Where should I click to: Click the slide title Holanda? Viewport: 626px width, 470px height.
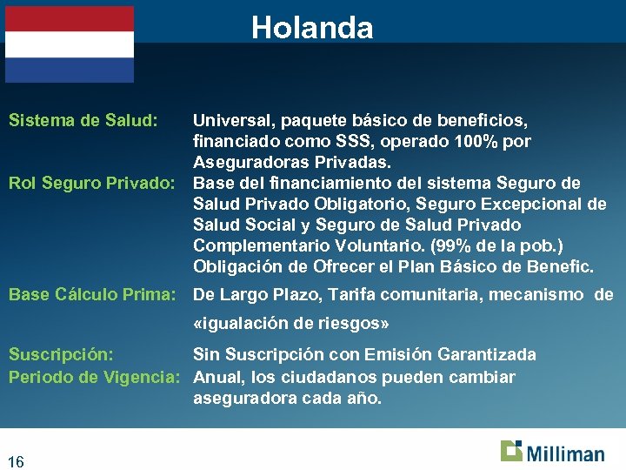(x=312, y=28)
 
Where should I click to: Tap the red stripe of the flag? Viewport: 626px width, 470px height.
(x=70, y=19)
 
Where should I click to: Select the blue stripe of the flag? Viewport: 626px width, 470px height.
(x=70, y=70)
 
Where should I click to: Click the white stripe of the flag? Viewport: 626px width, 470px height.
(x=70, y=44)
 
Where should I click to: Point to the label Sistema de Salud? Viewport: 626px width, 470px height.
(x=83, y=120)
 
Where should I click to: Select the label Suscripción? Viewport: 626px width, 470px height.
(x=61, y=354)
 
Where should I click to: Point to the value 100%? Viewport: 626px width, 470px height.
(x=480, y=141)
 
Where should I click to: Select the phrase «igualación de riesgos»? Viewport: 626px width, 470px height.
(x=290, y=323)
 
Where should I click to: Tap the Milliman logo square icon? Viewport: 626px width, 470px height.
(x=511, y=450)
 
